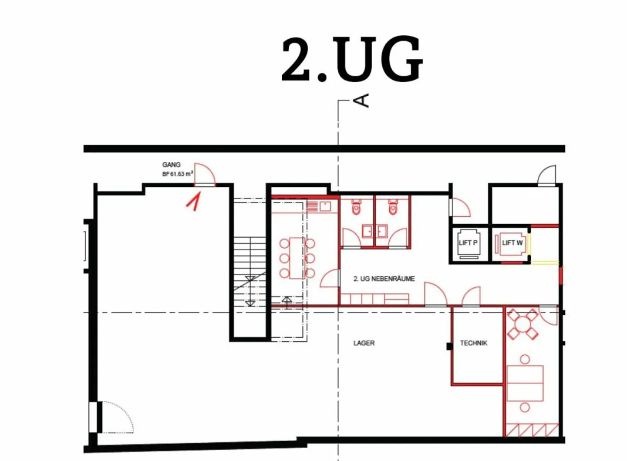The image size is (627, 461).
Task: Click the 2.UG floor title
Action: pyautogui.click(x=352, y=59)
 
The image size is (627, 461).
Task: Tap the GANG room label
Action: pyautogui.click(x=171, y=165)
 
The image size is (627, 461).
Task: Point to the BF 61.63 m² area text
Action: pyautogui.click(x=178, y=174)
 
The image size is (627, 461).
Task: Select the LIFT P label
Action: pyautogui.click(x=468, y=242)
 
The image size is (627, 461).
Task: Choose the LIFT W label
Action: pyautogui.click(x=512, y=242)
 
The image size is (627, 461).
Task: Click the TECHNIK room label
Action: pyautogui.click(x=474, y=343)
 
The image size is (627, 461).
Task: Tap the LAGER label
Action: pyautogui.click(x=364, y=343)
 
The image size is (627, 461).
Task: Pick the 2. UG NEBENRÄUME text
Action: pyautogui.click(x=384, y=279)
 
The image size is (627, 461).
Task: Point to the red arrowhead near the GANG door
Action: pyautogui.click(x=193, y=201)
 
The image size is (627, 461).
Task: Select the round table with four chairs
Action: pyautogui.click(x=522, y=324)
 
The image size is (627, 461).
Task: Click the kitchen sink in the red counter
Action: pyautogui.click(x=325, y=207)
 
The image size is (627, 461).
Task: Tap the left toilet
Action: pyautogui.click(x=356, y=207)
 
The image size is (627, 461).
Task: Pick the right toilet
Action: pyautogui.click(x=393, y=207)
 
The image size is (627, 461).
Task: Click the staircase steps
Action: pyautogui.click(x=249, y=272)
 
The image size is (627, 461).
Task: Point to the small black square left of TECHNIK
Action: pyautogui.click(x=449, y=347)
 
